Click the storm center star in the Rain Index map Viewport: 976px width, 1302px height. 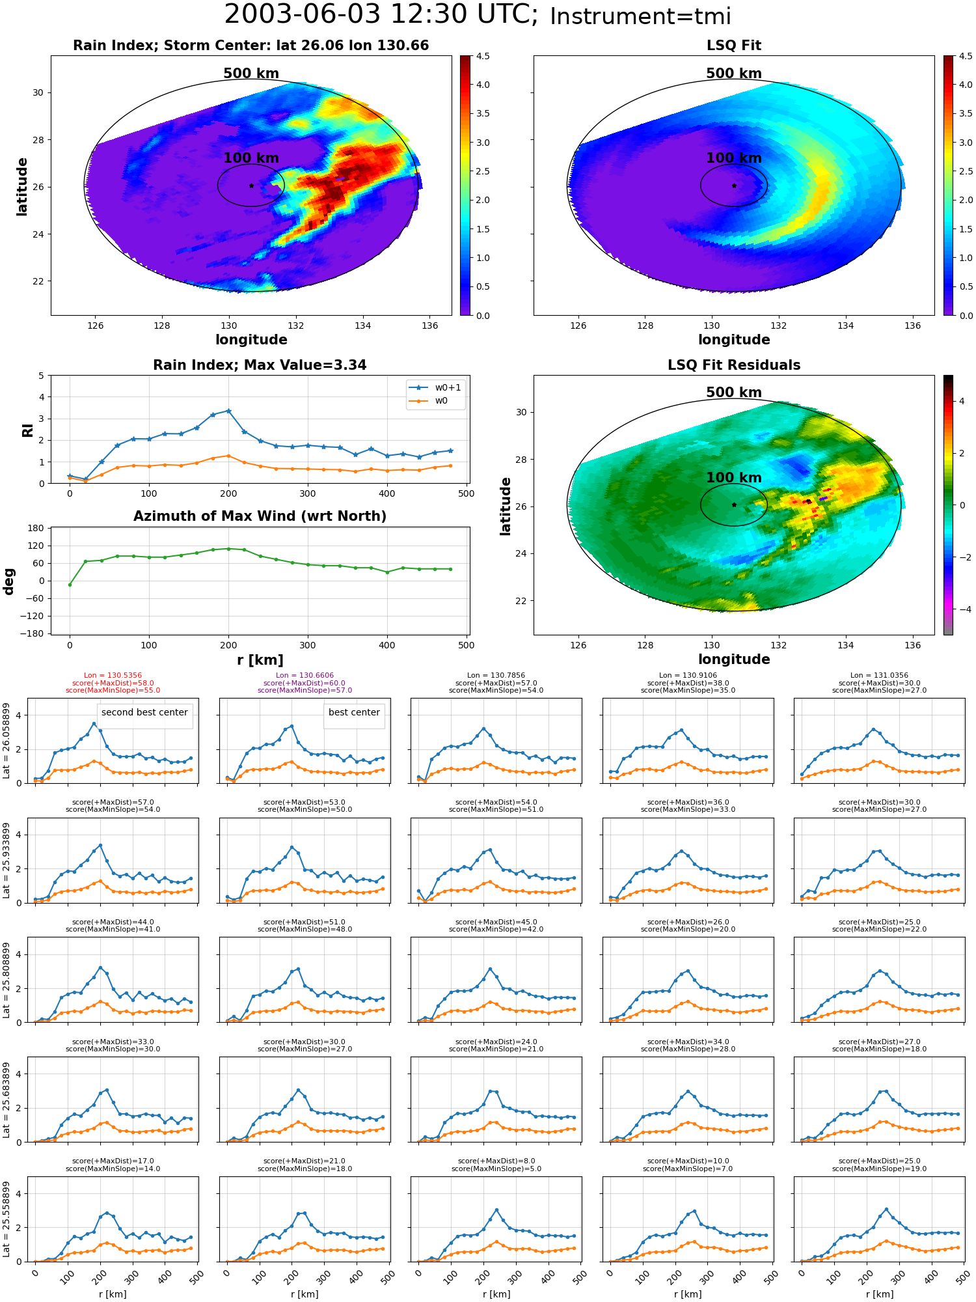pos(251,186)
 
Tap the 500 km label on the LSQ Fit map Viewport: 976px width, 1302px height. pos(734,74)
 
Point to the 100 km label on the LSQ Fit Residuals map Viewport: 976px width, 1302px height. pos(734,477)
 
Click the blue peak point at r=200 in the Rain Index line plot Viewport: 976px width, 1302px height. pos(228,411)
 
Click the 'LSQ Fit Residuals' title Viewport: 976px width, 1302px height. pos(734,365)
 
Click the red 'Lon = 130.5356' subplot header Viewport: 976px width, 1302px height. pos(113,676)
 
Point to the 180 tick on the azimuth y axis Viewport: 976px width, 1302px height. pos(36,528)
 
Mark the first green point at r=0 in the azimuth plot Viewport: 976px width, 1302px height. pos(70,585)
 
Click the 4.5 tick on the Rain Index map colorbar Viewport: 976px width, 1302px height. pos(483,56)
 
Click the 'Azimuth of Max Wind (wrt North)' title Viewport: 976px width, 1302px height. pos(260,516)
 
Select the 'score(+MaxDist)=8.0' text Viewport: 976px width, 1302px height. pos(496,1161)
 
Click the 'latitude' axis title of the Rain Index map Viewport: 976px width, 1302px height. pos(22,186)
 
